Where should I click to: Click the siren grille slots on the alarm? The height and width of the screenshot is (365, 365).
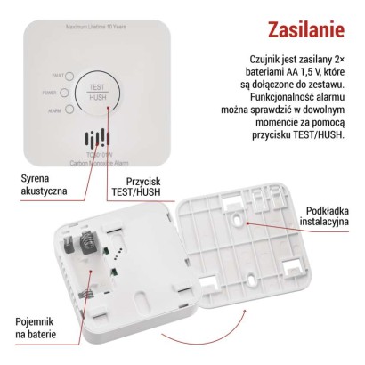(93, 141)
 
